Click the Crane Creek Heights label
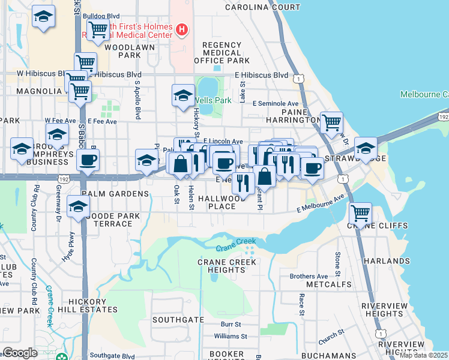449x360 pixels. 221,266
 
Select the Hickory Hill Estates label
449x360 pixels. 85,305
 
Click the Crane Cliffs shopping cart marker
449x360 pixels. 360,212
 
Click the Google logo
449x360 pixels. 20,353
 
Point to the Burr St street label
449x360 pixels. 230,324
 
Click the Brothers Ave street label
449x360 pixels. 309,277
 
